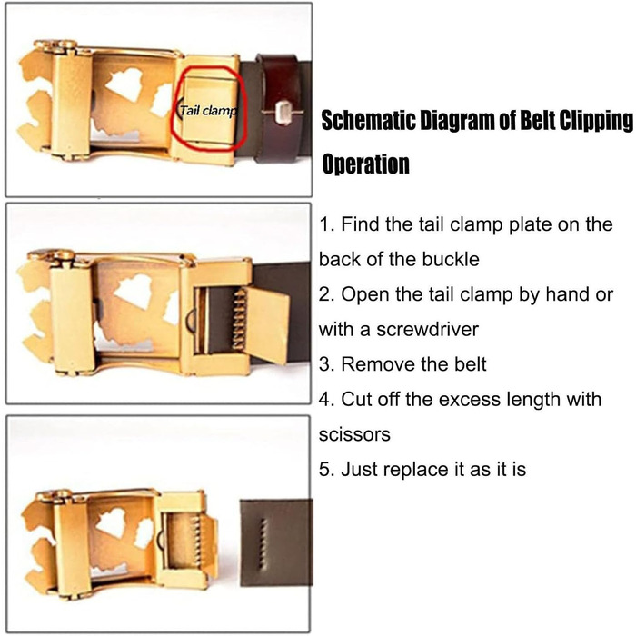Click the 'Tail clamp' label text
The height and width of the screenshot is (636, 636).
[x=208, y=110]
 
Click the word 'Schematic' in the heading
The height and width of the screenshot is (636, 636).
[x=368, y=121]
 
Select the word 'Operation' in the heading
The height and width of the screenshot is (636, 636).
[x=365, y=164]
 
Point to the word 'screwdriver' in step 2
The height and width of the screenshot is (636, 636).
[x=428, y=329]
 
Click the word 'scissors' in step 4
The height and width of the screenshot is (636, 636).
[x=354, y=434]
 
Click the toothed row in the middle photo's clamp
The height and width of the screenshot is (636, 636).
[x=240, y=319]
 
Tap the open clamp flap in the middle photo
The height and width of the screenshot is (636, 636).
[x=268, y=325]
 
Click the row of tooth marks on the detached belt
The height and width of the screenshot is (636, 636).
[x=263, y=544]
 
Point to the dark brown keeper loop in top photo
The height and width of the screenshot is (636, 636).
[x=279, y=108]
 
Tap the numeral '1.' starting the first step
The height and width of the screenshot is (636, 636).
[x=326, y=224]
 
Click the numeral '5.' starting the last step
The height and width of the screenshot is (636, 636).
[x=327, y=470]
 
